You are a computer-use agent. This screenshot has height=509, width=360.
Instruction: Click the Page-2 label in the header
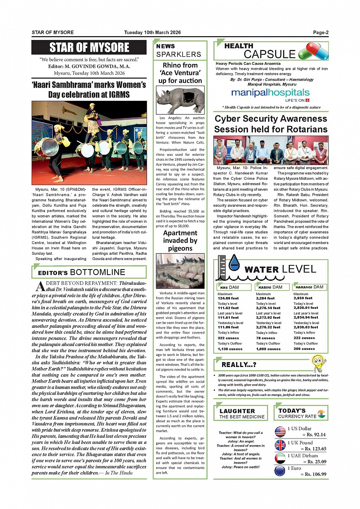[320, 32]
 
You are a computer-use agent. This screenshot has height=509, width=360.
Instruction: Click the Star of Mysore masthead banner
[89, 48]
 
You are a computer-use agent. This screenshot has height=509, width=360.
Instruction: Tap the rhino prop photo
[180, 100]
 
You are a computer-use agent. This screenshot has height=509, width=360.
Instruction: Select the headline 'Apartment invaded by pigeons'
[180, 241]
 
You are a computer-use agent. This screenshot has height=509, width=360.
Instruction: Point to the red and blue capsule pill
[313, 51]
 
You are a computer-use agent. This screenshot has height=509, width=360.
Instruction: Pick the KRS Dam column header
[230, 287]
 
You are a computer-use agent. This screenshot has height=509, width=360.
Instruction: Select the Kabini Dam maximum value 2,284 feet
[266, 298]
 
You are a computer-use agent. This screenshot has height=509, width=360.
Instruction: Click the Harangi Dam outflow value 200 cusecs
[304, 349]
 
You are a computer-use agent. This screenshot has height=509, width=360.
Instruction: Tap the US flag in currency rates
[280, 432]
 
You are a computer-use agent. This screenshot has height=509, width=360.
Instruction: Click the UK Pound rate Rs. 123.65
[313, 449]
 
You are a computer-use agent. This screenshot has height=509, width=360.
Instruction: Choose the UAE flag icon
[280, 458]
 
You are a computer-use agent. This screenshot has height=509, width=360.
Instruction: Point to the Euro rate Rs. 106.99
[313, 474]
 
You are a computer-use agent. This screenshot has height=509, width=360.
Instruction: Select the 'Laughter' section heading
[237, 411]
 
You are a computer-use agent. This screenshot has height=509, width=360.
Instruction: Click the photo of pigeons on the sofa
[180, 271]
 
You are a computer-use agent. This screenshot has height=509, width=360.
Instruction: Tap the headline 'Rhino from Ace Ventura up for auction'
[180, 73]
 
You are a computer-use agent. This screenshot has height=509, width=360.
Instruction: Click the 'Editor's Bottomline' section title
[82, 272]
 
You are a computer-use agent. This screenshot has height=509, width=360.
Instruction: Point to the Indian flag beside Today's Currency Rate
[322, 414]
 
